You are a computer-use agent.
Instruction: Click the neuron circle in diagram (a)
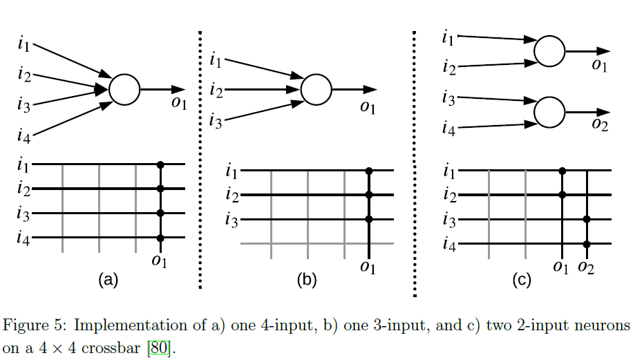click(x=125, y=89)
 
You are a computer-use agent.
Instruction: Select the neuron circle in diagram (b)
click(x=316, y=89)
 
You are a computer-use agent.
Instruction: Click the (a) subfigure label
click(x=109, y=280)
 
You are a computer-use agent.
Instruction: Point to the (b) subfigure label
click(x=306, y=280)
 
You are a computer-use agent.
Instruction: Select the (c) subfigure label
click(x=522, y=280)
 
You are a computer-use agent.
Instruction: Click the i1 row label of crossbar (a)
click(x=24, y=165)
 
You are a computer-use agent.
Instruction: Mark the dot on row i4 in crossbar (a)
click(x=160, y=238)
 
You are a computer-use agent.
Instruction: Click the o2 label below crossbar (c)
click(x=586, y=267)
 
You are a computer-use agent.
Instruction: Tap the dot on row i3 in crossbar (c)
click(x=587, y=220)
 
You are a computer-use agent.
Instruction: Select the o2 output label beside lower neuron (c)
click(x=599, y=124)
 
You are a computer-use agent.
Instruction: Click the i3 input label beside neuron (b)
click(x=216, y=122)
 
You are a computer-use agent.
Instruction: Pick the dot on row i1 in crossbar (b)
click(x=368, y=170)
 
